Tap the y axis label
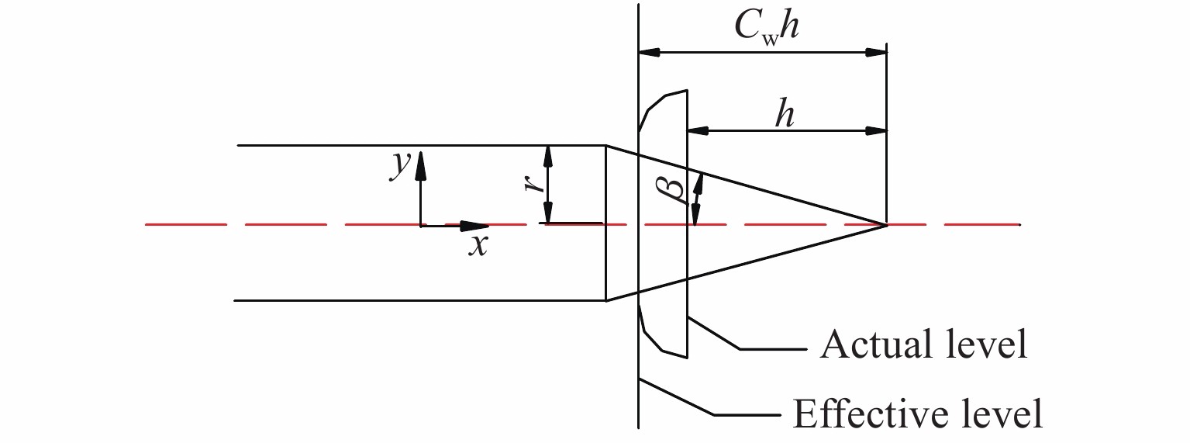(400, 164)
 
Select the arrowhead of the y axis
(420, 161)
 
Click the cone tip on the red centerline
(886, 225)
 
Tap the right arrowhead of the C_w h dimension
(876, 53)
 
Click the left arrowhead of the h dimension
(697, 130)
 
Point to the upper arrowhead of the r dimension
(548, 154)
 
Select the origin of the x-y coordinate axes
(420, 226)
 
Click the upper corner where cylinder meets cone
(605, 145)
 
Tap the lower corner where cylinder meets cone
(605, 300)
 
